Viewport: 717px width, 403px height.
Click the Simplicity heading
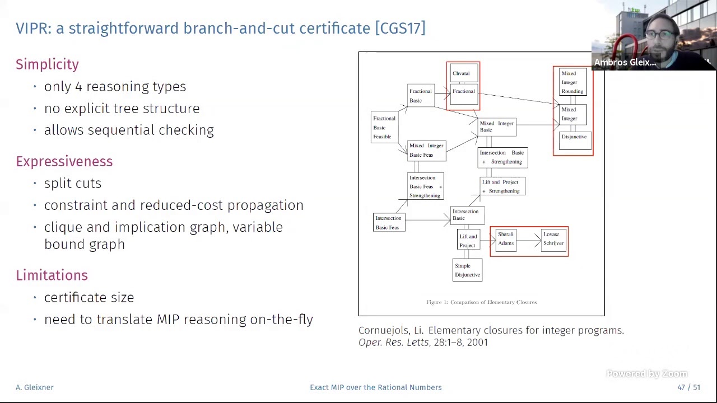pos(47,64)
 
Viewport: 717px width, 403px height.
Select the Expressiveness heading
pos(64,161)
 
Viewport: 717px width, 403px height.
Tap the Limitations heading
pos(52,275)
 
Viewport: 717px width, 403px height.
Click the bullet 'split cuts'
pos(73,184)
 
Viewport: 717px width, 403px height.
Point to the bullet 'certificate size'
pos(89,298)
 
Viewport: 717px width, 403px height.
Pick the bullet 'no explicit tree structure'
pos(122,109)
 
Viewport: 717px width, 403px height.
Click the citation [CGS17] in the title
pos(400,28)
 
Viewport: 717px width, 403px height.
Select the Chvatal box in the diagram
pos(462,73)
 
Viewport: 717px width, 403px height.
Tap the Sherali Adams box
pos(506,239)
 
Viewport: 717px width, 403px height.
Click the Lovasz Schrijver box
pos(553,239)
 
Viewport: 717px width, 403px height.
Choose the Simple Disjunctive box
pos(467,270)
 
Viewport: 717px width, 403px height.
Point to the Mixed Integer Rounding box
pos(572,82)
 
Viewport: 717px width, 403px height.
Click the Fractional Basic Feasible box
pos(384,128)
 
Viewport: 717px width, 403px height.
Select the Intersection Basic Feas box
pos(388,223)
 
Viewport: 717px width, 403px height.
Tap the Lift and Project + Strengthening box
pos(502,186)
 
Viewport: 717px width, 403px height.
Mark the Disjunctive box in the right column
pos(574,137)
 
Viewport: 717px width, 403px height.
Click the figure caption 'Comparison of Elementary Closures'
pos(481,302)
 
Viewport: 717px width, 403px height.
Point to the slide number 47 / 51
pos(688,387)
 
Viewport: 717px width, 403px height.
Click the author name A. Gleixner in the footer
pos(35,387)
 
